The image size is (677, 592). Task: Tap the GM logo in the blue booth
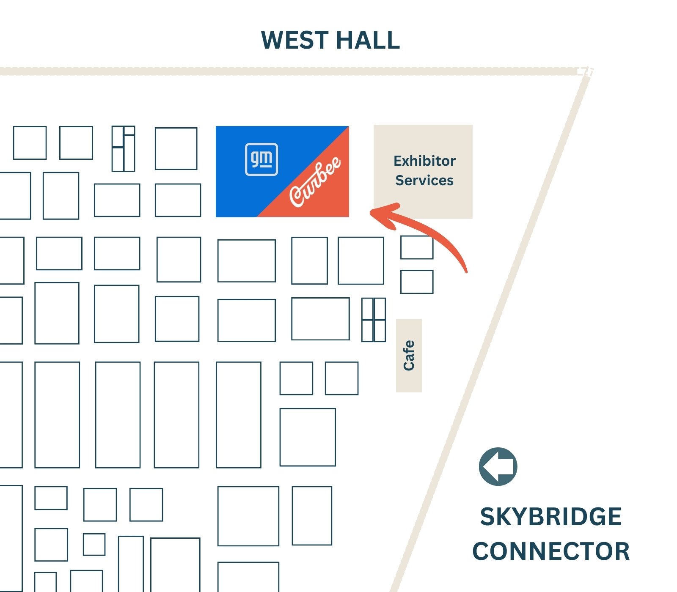pos(261,159)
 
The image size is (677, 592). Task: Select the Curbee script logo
pos(315,182)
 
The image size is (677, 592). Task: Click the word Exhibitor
pos(424,161)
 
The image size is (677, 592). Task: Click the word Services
pos(424,181)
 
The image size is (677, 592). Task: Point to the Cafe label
pos(409,356)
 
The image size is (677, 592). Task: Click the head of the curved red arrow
pos(374,212)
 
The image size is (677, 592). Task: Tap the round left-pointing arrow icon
pos(498,466)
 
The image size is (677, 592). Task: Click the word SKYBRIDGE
pos(550,517)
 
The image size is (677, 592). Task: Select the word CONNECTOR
pos(551,551)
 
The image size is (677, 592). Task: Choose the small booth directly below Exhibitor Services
pos(417,247)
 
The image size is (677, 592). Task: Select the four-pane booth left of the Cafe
pos(374,320)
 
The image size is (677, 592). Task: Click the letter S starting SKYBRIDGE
pos(488,517)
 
